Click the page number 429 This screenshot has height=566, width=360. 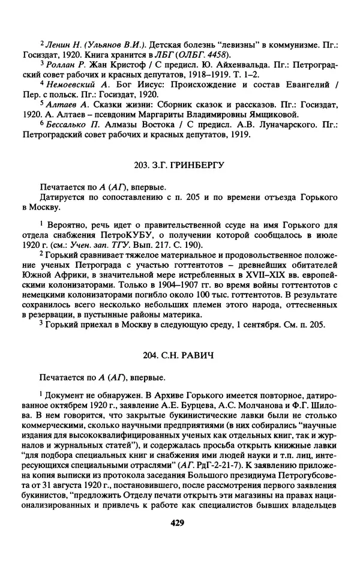176,523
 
